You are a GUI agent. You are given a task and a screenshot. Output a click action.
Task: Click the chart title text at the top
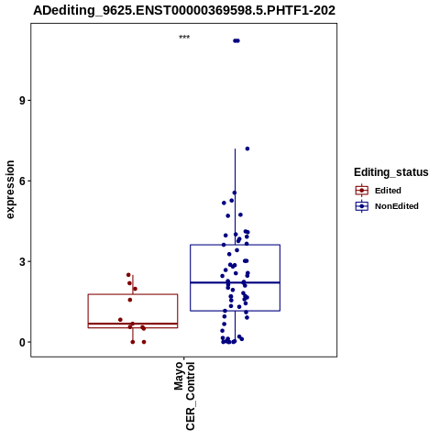tap(184, 11)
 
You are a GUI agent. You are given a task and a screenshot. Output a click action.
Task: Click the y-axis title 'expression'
tap(10, 190)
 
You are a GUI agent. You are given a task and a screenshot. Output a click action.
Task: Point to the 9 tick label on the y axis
tap(22, 101)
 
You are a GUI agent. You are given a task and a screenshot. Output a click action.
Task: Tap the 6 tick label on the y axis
tap(22, 181)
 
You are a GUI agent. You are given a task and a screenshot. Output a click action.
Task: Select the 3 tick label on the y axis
tap(22, 261)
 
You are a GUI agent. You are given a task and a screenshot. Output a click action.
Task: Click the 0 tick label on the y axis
tap(22, 342)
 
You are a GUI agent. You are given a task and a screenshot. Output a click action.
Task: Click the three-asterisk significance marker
tap(184, 38)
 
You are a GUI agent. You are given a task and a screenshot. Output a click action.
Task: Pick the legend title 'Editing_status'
tap(391, 172)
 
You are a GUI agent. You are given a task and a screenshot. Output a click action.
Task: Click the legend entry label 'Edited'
tap(388, 191)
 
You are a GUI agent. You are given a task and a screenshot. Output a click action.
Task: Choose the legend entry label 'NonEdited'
tap(397, 206)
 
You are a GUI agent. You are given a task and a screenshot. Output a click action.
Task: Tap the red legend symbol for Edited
tap(362, 191)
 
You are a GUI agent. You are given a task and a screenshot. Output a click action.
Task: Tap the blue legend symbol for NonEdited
tap(362, 206)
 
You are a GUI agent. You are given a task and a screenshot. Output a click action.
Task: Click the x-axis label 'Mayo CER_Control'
tap(184, 396)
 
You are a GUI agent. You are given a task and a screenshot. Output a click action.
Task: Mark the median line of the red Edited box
tap(133, 324)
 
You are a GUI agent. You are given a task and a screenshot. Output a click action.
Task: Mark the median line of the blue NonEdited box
tap(235, 282)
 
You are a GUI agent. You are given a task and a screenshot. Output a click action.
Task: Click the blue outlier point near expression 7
tap(247, 148)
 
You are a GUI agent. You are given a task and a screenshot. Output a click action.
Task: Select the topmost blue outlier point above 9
tap(236, 40)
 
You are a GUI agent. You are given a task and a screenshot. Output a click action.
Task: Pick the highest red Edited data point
tap(128, 275)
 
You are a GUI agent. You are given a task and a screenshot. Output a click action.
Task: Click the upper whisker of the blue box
tap(235, 197)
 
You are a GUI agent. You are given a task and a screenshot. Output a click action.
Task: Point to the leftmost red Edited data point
tap(120, 320)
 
